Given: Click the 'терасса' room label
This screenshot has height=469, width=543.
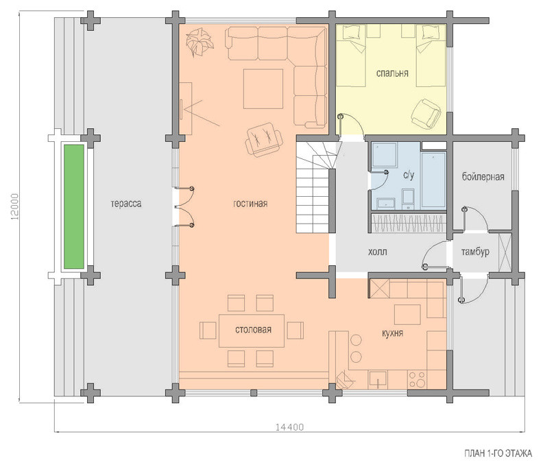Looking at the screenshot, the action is (x=126, y=204).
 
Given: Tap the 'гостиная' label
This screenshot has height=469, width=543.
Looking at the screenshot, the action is (x=250, y=204).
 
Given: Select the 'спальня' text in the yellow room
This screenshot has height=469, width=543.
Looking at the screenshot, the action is (x=392, y=73).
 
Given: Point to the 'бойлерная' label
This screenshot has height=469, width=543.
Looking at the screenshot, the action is (x=483, y=177).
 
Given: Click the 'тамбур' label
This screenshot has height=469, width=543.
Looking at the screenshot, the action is (x=475, y=252).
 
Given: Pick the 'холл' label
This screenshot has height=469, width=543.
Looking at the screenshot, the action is (x=378, y=252).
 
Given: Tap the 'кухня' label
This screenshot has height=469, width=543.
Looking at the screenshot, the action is (x=392, y=333).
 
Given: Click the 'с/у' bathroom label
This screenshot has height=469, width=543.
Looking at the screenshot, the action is (x=409, y=176).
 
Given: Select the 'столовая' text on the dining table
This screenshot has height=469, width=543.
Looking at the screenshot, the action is (x=253, y=329).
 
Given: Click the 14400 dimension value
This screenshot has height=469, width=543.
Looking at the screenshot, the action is (x=289, y=427).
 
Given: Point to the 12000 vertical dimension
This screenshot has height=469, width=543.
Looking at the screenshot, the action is (x=15, y=207).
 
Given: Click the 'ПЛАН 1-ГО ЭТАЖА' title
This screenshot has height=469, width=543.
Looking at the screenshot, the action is (x=498, y=453).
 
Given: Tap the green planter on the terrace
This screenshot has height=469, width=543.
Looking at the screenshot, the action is (x=74, y=207).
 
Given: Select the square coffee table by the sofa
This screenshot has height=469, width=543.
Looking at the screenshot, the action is (x=263, y=89).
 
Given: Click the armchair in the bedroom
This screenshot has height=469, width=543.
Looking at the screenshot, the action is (x=426, y=114).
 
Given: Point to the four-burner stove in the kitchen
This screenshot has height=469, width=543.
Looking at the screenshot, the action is (x=417, y=380).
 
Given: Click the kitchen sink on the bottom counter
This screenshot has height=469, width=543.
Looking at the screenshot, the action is (x=378, y=379).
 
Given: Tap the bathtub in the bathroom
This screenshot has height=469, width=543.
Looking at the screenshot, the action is (x=433, y=180).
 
